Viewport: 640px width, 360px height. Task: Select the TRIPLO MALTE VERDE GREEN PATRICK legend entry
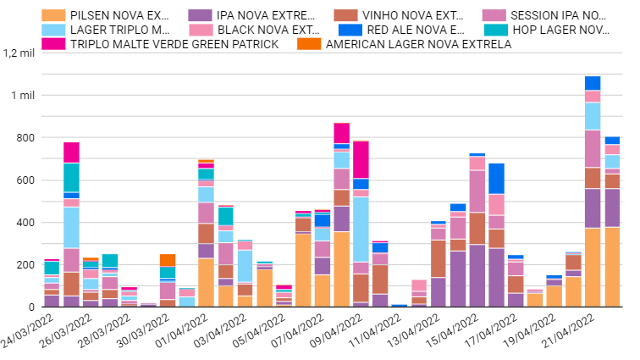click(174, 44)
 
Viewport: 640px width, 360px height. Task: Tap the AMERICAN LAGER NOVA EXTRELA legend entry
click(418, 44)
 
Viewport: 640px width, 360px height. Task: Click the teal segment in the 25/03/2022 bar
click(71, 177)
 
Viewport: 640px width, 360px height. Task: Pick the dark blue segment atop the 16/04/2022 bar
click(496, 178)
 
